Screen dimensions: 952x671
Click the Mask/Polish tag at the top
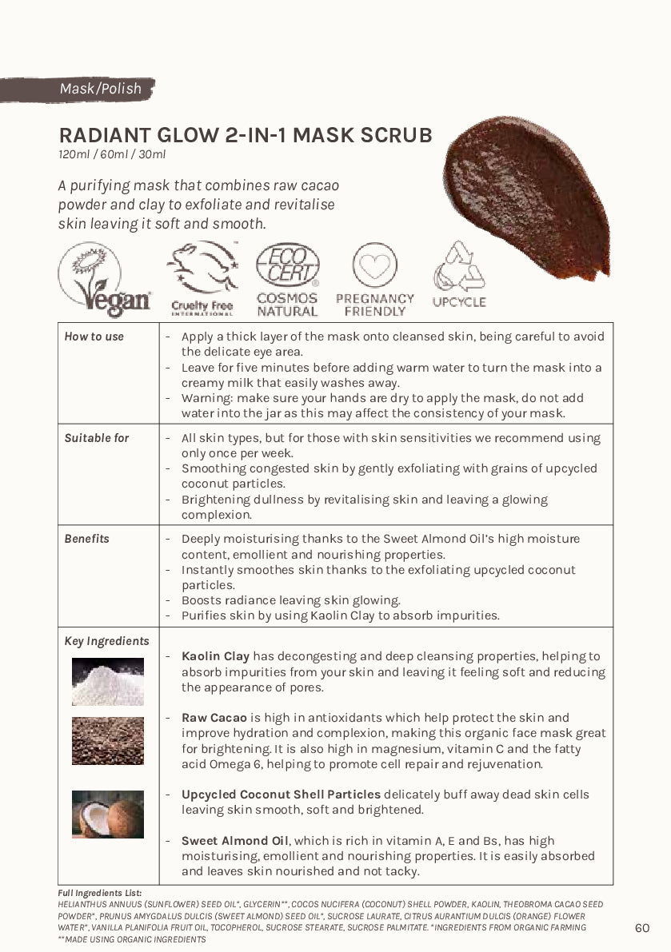[100, 89]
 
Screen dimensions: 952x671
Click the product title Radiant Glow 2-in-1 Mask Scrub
[246, 134]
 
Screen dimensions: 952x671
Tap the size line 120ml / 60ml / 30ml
[112, 154]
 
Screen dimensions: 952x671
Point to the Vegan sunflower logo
[103, 279]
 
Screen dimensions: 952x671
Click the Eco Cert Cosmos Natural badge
[287, 280]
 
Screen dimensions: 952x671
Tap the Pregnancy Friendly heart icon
[374, 279]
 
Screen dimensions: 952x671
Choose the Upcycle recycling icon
[459, 276]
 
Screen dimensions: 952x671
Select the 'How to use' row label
[94, 337]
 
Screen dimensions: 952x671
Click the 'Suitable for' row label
[96, 438]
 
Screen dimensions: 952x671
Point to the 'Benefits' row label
[87, 539]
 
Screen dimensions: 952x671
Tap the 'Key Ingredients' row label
[106, 641]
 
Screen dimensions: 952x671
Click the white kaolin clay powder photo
[107, 682]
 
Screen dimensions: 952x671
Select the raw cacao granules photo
[107, 740]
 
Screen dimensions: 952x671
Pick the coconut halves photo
[107, 814]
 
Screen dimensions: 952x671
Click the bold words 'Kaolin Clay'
[215, 656]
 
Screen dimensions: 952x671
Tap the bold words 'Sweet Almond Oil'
[235, 841]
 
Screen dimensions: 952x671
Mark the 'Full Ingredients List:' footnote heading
[99, 892]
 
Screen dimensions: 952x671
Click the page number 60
[641, 928]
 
